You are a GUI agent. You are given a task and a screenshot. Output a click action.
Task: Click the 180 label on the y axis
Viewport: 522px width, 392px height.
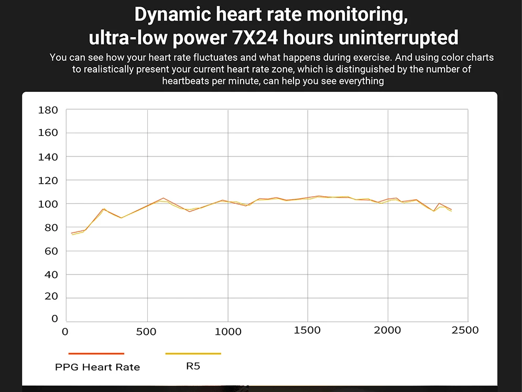click(48, 110)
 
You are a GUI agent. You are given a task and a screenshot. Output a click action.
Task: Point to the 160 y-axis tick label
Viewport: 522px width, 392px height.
click(48, 133)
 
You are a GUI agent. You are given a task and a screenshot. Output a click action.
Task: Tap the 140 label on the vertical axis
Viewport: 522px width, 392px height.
click(48, 157)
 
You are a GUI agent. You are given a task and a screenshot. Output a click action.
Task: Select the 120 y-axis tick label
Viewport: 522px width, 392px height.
click(48, 181)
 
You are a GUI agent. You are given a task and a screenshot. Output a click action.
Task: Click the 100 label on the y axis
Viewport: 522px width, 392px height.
click(48, 204)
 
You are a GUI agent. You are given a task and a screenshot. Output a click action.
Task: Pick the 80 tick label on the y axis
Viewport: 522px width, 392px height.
click(50, 228)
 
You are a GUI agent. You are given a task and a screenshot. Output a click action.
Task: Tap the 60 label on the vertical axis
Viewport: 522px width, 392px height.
click(50, 251)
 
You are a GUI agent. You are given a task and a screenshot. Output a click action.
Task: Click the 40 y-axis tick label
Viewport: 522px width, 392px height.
click(50, 274)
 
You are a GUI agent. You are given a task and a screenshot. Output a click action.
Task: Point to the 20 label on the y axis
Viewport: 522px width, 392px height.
click(50, 297)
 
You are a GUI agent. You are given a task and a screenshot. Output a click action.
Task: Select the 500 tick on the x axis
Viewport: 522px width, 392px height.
click(147, 332)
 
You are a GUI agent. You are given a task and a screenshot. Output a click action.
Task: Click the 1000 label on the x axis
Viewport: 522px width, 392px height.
click(227, 332)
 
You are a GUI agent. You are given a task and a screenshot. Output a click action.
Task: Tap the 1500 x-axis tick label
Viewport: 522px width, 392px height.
click(307, 330)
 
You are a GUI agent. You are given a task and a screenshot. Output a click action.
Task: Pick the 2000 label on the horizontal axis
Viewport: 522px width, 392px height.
click(387, 330)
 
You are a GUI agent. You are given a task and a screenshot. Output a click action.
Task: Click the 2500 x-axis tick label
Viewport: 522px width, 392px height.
click(465, 330)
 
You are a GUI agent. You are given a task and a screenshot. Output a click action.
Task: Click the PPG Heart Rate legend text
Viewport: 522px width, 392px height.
click(97, 367)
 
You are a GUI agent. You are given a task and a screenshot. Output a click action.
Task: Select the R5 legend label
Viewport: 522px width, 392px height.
click(193, 366)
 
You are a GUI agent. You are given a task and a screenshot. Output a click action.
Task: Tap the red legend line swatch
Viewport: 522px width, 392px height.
click(96, 354)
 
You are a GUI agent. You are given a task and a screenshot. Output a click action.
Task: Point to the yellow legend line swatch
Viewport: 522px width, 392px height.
click(193, 354)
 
